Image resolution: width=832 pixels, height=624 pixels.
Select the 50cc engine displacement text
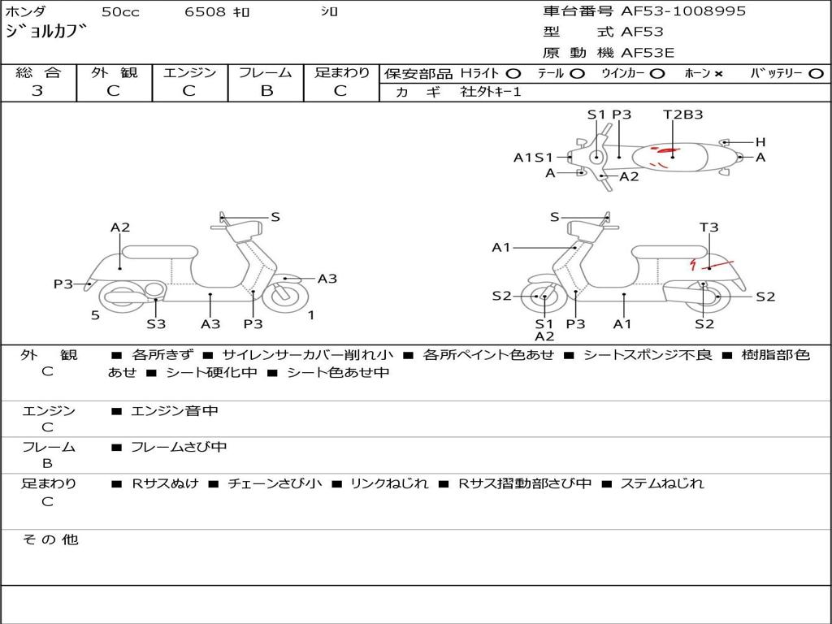pos(119,12)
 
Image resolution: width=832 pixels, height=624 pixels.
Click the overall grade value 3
pos(37,91)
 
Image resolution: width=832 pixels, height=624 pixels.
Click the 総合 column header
pos(38,73)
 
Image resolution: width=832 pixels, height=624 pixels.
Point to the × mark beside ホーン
pos(718,74)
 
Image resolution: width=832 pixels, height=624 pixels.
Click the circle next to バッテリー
pos(816,74)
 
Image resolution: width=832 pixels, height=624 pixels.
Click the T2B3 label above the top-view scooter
pos(682,115)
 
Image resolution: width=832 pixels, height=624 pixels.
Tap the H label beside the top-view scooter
pos(760,142)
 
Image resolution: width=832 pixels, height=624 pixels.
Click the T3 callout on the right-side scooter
pos(709,227)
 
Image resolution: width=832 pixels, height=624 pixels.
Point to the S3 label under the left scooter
pos(156,324)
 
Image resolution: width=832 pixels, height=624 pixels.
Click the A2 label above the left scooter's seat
pos(120,227)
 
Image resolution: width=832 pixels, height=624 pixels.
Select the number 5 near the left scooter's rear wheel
pos(95,315)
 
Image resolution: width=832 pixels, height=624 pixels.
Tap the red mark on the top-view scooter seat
pos(668,151)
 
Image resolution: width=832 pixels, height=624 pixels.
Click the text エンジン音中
pos(175,411)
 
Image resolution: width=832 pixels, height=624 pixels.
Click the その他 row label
pos(50,539)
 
